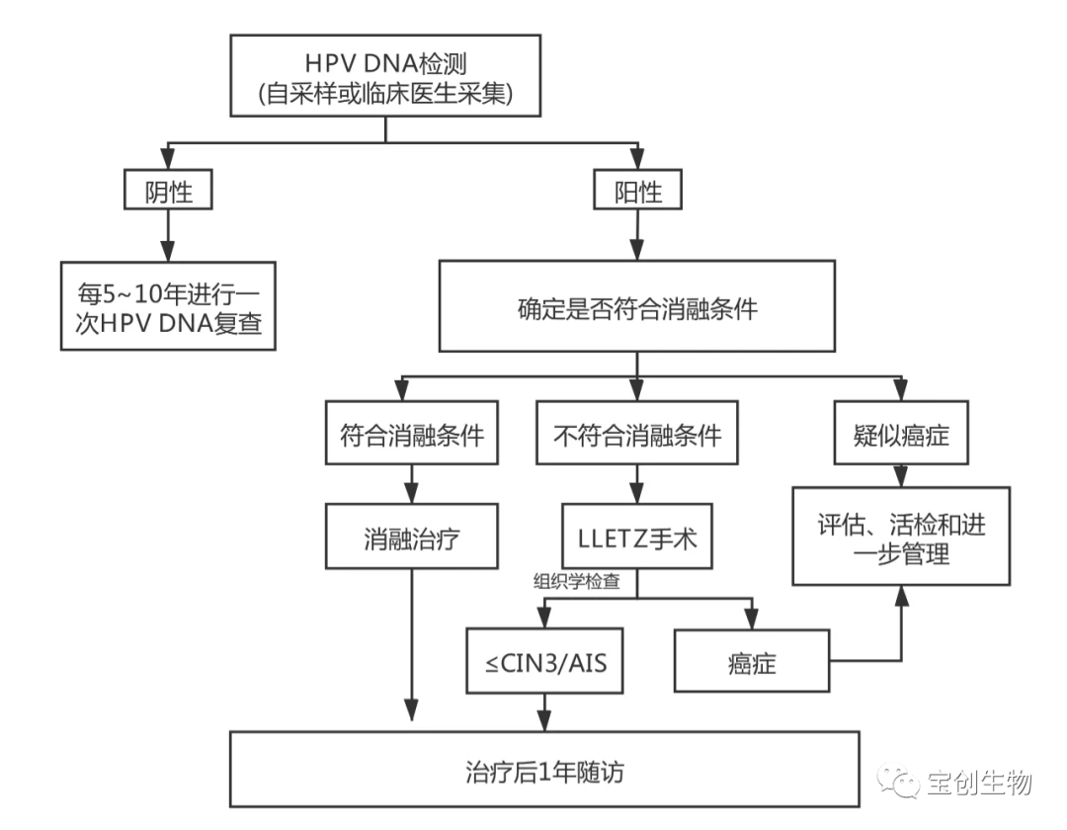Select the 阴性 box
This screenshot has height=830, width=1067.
168,192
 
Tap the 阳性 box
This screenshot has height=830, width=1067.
637,192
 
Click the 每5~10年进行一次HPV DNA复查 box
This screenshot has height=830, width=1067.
169,306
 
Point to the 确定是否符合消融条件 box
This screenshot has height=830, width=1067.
636,307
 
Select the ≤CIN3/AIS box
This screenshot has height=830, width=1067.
545,662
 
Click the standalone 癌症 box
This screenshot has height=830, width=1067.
752,662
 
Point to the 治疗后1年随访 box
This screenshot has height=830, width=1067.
544,771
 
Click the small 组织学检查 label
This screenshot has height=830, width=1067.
578,583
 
